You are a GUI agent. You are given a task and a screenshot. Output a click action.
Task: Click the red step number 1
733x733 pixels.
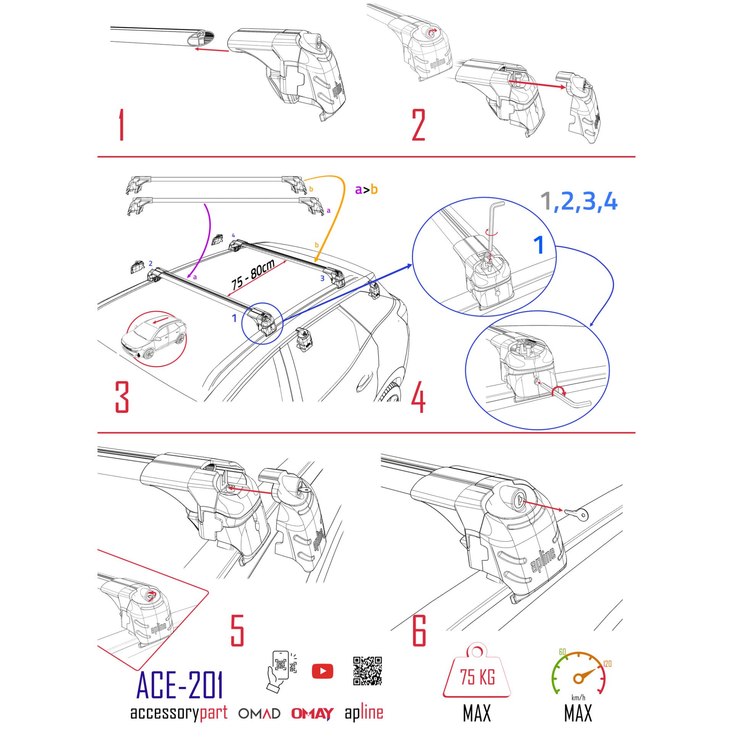pyautogui.click(x=121, y=125)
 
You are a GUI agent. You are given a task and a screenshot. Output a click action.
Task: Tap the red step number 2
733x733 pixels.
pyautogui.click(x=418, y=125)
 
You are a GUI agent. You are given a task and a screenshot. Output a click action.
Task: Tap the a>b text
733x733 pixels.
pyautogui.click(x=366, y=189)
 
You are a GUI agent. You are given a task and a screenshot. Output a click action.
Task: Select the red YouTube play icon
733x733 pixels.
pyautogui.click(x=322, y=671)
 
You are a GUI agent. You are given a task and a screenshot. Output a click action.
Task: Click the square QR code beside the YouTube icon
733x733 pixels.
pyautogui.click(x=367, y=671)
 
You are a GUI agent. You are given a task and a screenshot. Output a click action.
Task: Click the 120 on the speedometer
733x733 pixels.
pyautogui.click(x=607, y=664)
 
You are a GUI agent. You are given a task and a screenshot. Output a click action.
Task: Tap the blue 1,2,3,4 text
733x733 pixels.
pyautogui.click(x=579, y=202)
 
